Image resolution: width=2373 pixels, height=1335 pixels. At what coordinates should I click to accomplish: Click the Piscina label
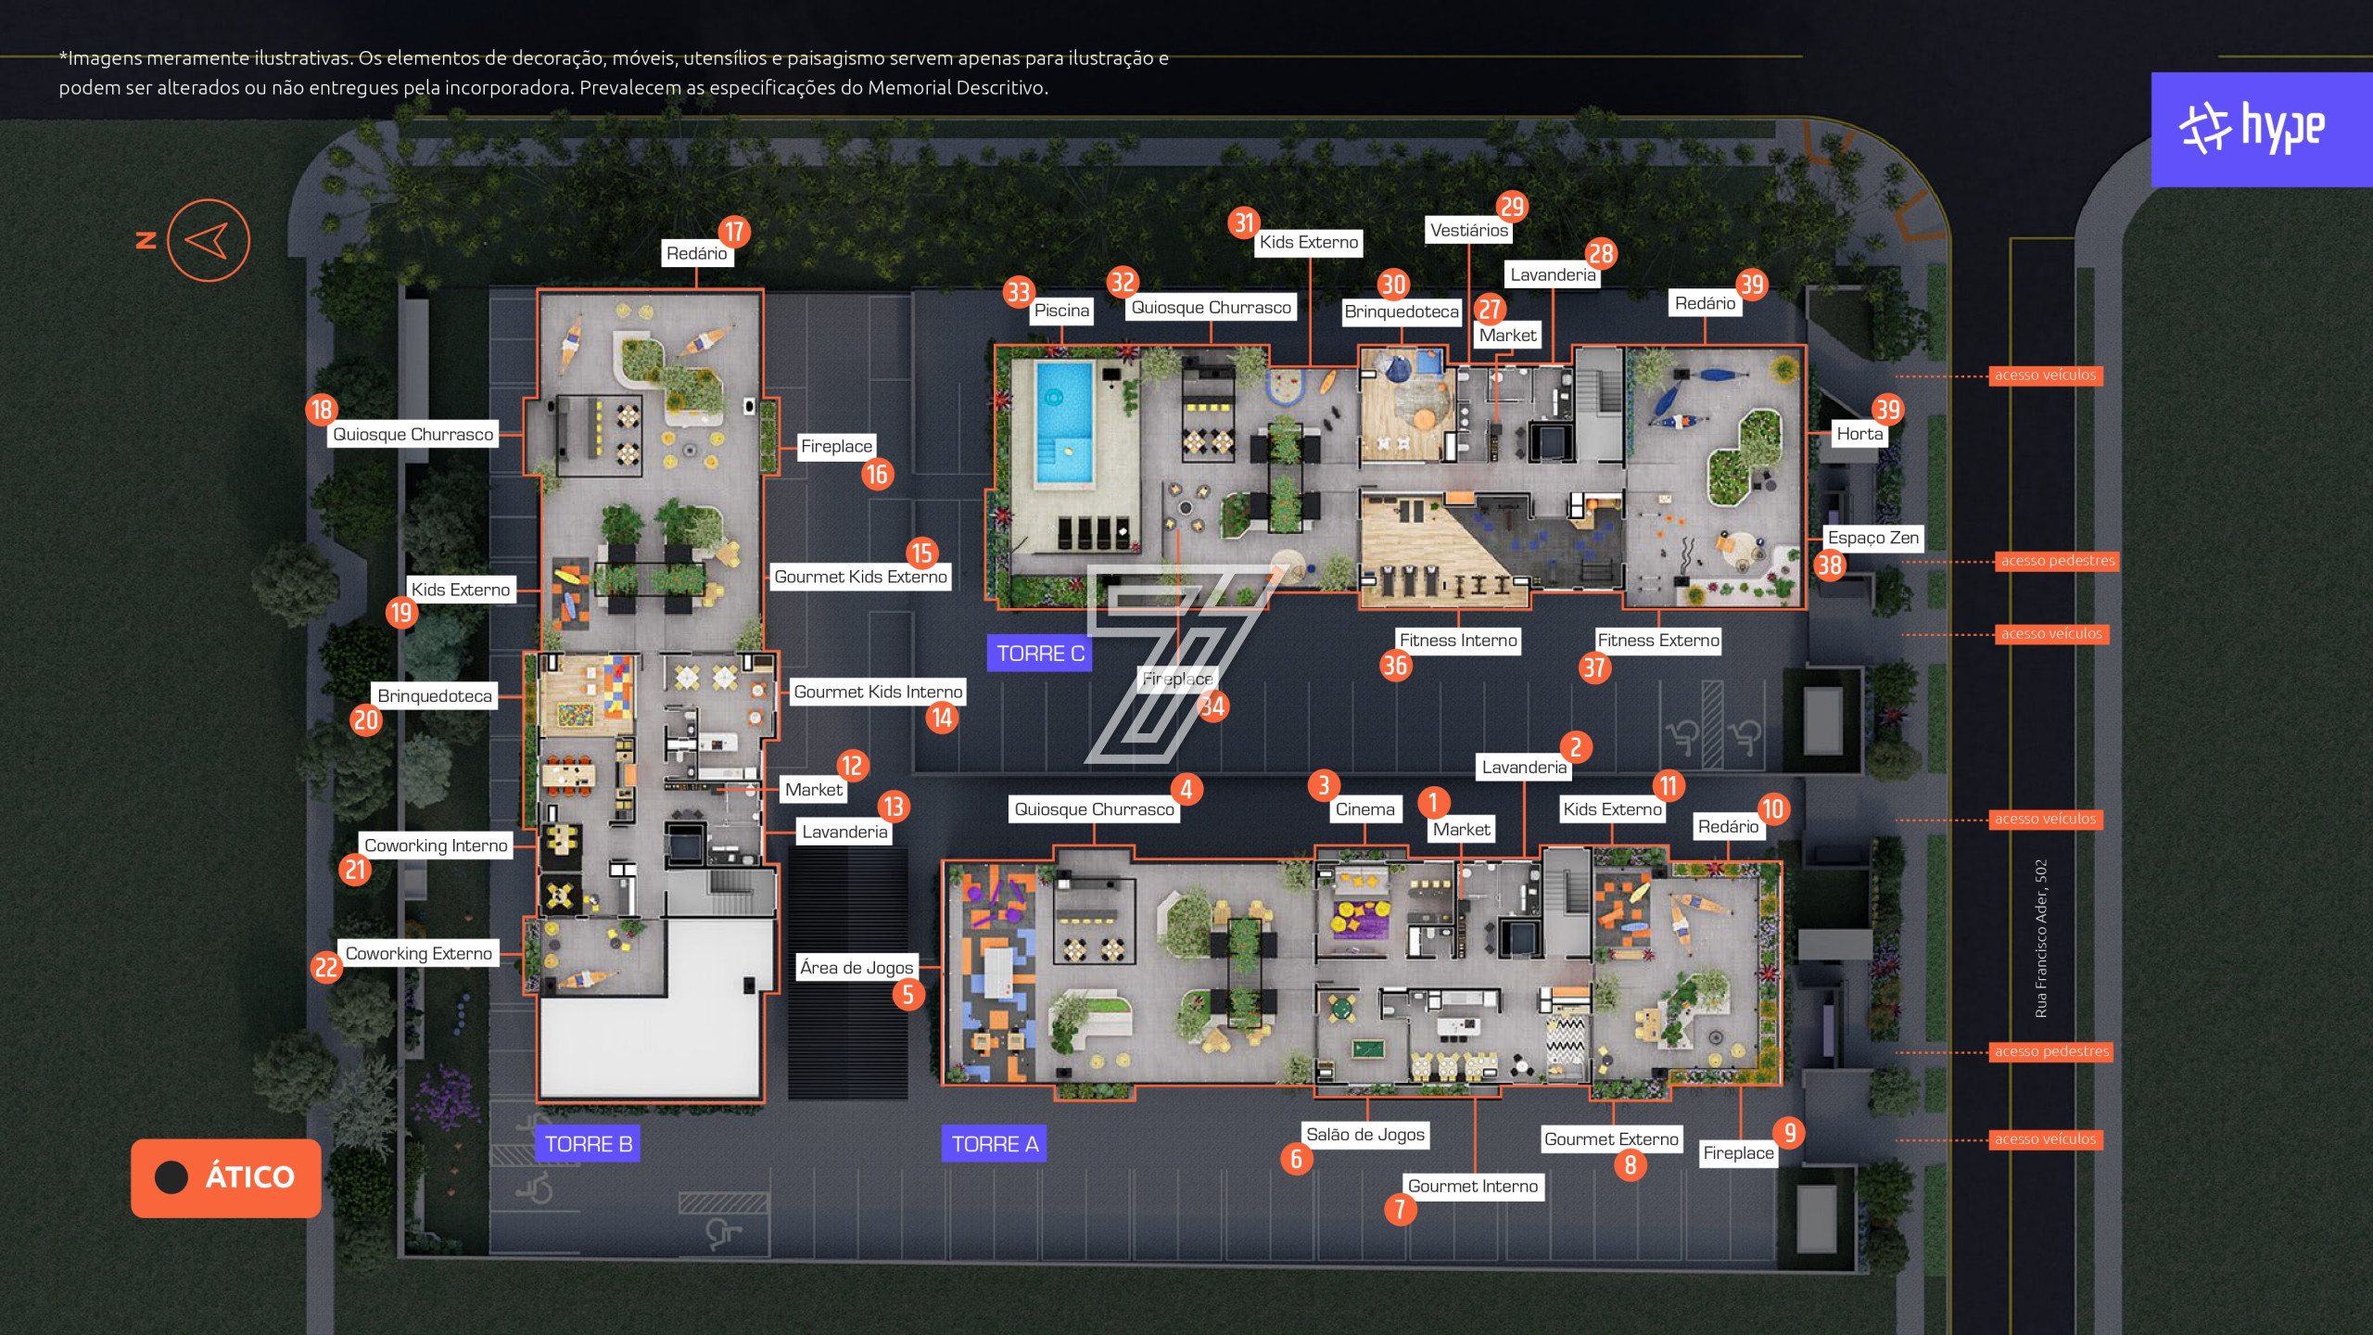[1061, 311]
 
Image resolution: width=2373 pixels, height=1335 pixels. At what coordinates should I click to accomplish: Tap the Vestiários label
[1469, 231]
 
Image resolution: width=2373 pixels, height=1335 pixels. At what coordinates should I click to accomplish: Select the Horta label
[1859, 434]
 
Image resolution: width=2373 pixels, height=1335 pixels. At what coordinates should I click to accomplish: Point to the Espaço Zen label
[1872, 538]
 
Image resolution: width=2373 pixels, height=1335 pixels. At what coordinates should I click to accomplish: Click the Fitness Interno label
[1458, 641]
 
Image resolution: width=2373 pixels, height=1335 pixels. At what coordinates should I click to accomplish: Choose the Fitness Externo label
[1658, 641]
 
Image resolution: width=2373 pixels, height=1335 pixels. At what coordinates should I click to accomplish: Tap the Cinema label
[1364, 809]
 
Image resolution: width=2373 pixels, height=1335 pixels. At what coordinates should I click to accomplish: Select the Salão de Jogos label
[1365, 1135]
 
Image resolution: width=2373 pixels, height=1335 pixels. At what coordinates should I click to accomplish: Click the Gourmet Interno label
[1473, 1187]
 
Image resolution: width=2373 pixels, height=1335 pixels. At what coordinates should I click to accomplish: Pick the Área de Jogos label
[857, 968]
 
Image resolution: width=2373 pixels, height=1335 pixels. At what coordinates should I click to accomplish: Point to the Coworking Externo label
[419, 954]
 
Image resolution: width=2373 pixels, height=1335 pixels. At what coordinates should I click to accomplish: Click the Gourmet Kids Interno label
[878, 693]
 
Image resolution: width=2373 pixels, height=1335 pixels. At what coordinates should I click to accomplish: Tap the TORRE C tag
[1040, 654]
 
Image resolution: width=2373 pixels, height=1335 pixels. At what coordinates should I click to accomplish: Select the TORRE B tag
[589, 1144]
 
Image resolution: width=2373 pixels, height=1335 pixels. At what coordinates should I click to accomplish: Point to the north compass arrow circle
[209, 240]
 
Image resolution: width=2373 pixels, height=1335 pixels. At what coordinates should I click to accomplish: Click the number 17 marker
[734, 232]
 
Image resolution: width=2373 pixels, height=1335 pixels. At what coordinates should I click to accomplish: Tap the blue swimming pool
[1064, 423]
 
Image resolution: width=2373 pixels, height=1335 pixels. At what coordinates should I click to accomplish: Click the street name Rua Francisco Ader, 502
[2041, 939]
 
